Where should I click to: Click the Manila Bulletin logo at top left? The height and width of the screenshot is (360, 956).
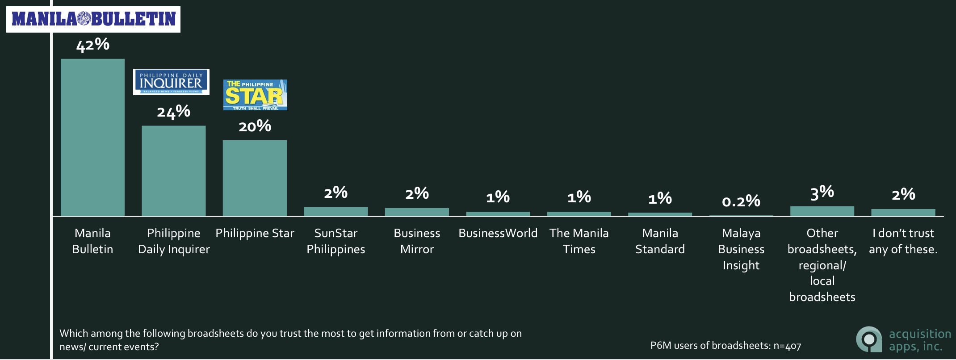(x=93, y=19)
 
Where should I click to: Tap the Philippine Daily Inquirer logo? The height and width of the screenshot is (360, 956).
(x=171, y=82)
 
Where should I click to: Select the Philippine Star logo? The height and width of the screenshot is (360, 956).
(x=255, y=95)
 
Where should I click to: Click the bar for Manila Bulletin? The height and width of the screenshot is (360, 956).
(x=92, y=138)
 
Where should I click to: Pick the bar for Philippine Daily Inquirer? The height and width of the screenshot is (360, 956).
(x=174, y=171)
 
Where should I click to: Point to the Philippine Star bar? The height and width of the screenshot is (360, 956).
(x=255, y=178)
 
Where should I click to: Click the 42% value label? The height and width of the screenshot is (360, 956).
(x=92, y=45)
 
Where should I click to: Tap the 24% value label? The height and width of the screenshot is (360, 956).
(x=174, y=111)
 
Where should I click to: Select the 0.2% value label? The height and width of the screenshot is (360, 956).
(x=741, y=201)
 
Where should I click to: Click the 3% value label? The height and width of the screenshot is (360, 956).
(x=822, y=193)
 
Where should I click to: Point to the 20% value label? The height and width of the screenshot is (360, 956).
(x=255, y=126)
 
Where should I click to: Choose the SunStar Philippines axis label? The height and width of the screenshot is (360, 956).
(x=336, y=241)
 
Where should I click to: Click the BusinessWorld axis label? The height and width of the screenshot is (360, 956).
(x=498, y=233)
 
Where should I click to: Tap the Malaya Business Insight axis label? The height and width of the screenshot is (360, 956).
(x=741, y=249)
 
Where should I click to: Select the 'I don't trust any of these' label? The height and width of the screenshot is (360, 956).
(x=903, y=241)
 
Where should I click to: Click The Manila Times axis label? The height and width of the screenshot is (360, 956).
(x=579, y=241)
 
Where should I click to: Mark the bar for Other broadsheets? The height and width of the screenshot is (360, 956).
(x=822, y=211)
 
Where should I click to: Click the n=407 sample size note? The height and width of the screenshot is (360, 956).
(x=725, y=346)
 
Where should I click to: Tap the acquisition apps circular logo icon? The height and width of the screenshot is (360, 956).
(x=869, y=339)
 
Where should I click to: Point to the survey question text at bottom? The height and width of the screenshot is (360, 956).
(x=290, y=340)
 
